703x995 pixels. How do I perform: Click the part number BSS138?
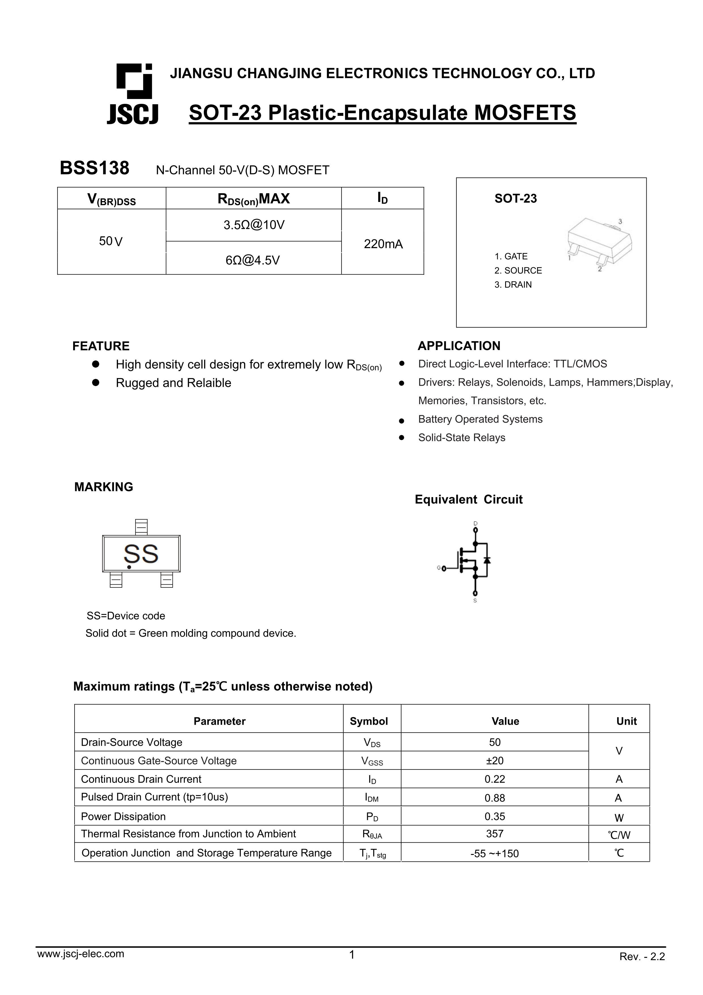pyautogui.click(x=94, y=168)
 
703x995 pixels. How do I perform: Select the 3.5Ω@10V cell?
pyautogui.click(x=254, y=225)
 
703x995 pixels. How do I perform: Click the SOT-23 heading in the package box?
pyautogui.click(x=515, y=199)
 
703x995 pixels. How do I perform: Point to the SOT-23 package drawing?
pyautogui.click(x=599, y=245)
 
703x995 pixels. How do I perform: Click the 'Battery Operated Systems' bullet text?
pyautogui.click(x=480, y=419)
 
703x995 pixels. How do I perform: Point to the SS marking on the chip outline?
pyautogui.click(x=141, y=554)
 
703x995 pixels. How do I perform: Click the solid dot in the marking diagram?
pyautogui.click(x=129, y=567)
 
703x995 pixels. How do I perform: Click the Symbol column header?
pyautogui.click(x=369, y=721)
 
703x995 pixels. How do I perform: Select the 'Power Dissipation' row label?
pyautogui.click(x=123, y=817)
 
